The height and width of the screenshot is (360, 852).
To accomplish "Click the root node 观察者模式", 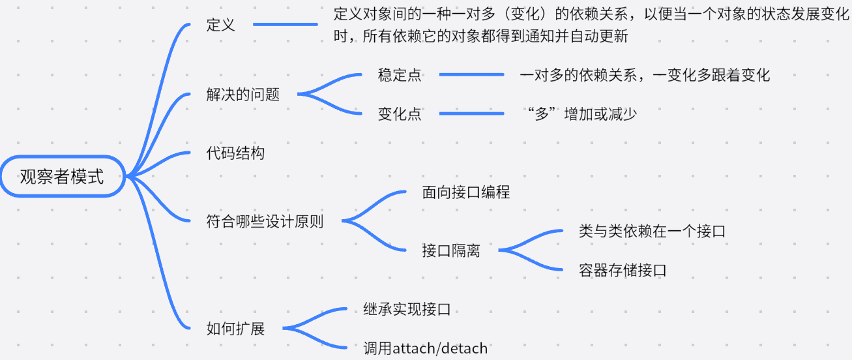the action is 63,177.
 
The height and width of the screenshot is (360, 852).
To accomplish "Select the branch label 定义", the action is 220,25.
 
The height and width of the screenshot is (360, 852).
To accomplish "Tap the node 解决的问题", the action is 243,95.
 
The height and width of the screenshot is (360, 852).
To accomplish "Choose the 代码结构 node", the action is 235,153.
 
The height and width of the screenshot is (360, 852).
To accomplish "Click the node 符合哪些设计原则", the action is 265,221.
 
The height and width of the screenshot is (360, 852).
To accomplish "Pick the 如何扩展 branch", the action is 235,329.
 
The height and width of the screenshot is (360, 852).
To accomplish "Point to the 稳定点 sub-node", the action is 400,75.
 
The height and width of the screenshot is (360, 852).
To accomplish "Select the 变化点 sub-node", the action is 400,113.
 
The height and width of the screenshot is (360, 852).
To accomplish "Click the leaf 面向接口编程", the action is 466,192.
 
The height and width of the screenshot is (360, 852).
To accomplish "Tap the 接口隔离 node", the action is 451,250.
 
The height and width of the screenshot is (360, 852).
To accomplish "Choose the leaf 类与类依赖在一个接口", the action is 652,231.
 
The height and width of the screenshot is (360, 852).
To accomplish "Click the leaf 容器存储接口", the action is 623,270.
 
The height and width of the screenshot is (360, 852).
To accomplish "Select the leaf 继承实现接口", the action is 407,309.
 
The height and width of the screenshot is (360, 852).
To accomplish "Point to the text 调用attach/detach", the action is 425,348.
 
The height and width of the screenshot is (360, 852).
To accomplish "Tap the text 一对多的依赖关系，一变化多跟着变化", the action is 645,75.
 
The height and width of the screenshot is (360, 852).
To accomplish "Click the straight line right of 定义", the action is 286,24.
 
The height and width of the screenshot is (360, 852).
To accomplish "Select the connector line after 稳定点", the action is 472,74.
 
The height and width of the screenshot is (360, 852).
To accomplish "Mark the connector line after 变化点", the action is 472,113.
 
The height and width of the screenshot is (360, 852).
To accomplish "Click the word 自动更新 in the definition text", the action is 598,36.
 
